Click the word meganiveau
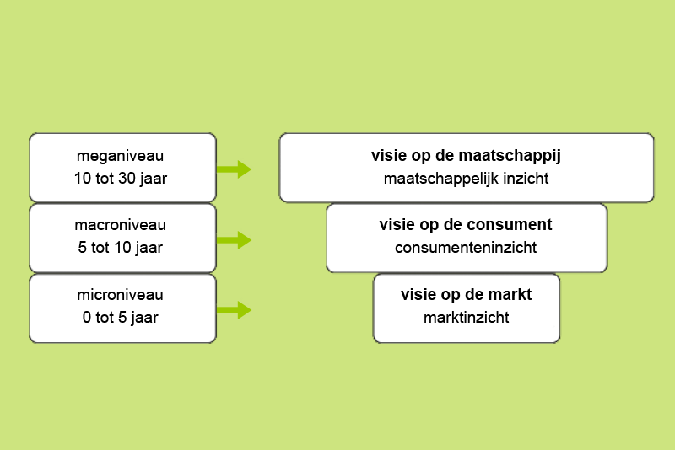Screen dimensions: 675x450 coord(120,156)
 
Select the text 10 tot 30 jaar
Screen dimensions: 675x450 coord(121,179)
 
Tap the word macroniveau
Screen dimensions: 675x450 coord(120,225)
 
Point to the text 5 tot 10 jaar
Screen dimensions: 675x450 coord(121,248)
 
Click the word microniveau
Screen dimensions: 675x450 coord(120,295)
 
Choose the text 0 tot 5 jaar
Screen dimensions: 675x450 coord(121,318)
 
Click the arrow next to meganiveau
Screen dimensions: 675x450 coord(234,169)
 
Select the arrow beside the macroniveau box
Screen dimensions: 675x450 coord(234,240)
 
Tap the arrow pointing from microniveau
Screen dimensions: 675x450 coord(234,310)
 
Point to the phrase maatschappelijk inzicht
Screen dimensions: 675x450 coord(467,179)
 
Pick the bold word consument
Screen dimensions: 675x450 coord(510,225)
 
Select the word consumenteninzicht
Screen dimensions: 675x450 coord(466,248)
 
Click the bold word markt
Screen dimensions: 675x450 coord(508,295)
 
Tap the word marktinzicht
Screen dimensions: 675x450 coord(467,318)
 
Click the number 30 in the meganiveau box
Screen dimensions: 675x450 coord(127,179)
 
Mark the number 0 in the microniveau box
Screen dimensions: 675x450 coord(87,318)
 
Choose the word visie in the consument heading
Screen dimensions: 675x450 coord(392,225)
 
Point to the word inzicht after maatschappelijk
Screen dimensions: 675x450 coord(526,179)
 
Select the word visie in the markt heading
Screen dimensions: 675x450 coord(413,295)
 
